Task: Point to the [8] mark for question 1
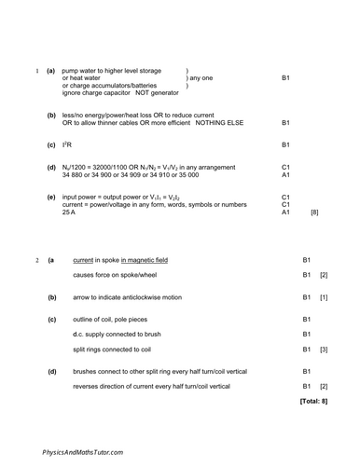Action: tap(314, 213)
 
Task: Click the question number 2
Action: tap(35, 259)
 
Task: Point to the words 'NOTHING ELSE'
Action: tap(231, 123)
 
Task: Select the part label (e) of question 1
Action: tap(50, 198)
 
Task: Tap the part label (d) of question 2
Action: tap(51, 371)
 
